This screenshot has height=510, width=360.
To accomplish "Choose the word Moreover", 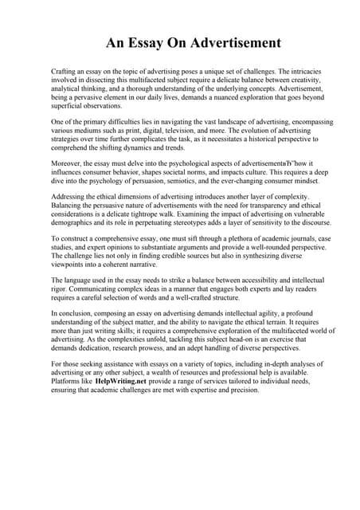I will click(66, 163).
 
